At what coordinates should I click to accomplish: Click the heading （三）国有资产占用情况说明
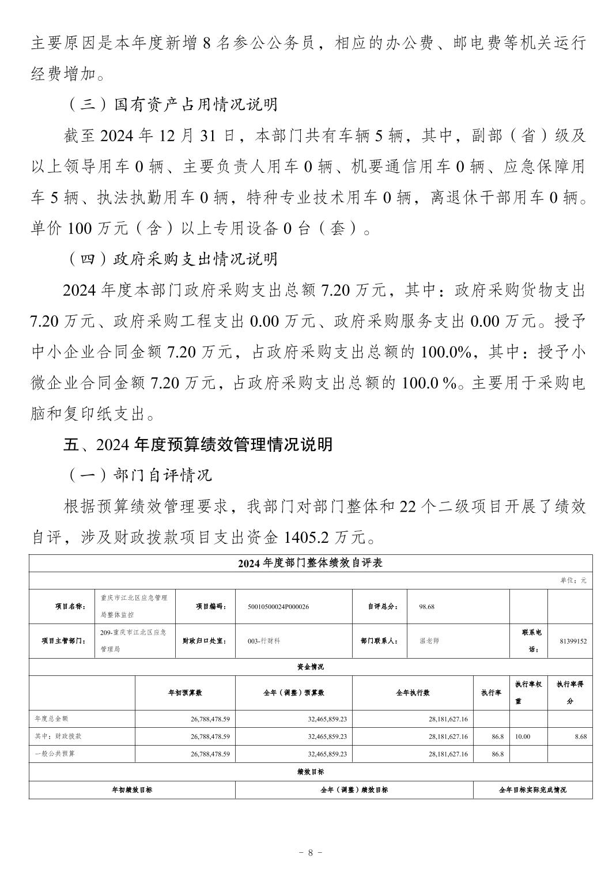[172, 104]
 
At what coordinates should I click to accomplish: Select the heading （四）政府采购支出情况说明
[172, 259]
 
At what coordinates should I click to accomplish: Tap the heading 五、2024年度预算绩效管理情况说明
[198, 444]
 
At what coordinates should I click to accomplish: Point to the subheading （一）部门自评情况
[138, 475]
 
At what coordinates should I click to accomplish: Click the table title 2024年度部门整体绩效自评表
[310, 564]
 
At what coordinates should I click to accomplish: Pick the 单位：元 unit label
[573, 580]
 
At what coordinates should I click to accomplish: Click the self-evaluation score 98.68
[427, 606]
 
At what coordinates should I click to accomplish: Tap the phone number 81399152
[573, 640]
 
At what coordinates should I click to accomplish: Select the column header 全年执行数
[412, 693]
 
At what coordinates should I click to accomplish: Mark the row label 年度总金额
[52, 719]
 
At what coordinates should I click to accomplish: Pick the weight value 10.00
[523, 736]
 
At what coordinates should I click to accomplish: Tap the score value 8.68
[580, 736]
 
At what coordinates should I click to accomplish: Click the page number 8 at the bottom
[310, 852]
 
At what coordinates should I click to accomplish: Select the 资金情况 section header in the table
[310, 667]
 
